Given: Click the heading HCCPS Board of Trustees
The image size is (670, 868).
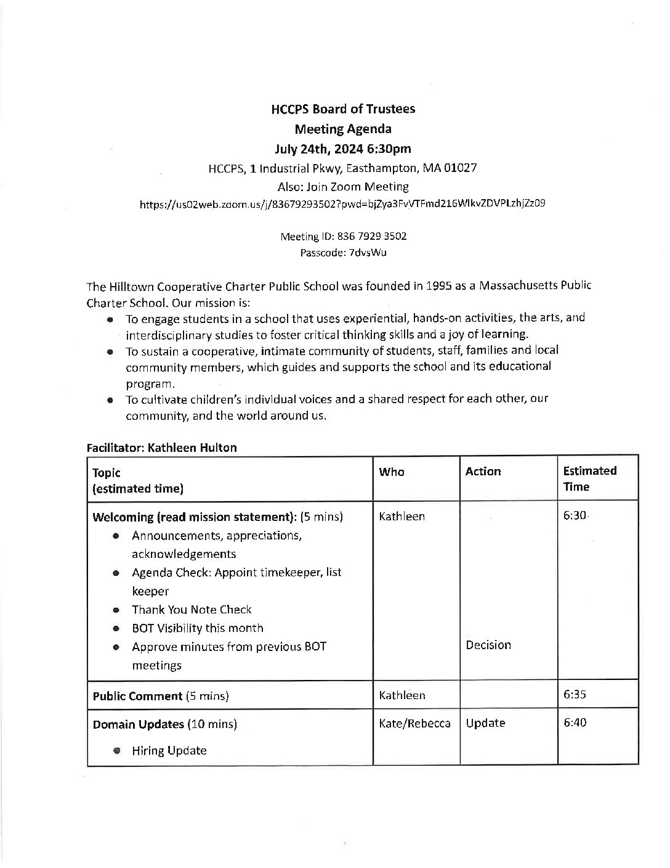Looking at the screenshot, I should pos(343,109).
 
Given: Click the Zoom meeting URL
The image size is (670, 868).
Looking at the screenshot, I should pos(342,203).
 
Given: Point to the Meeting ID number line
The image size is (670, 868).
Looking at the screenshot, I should pos(343,236).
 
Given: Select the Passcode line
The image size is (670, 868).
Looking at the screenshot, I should pos(343,252).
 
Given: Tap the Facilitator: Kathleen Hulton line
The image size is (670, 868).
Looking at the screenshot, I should pos(161,448).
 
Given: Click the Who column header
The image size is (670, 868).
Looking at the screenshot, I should pos(392,472).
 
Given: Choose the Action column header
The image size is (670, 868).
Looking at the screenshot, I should pos(483,472).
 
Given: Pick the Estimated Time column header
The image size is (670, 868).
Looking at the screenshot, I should pos(589,478).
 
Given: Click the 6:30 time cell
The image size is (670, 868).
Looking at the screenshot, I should pos(575,516).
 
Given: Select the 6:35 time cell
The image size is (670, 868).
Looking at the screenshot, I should pos(575,694).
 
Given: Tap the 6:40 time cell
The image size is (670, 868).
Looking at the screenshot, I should pos(575,722).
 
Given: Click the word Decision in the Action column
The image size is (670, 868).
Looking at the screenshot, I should pos(488,645).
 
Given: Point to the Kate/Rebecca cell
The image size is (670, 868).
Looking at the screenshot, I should pos(414,723).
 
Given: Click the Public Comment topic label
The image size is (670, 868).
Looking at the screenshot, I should pos(137,696).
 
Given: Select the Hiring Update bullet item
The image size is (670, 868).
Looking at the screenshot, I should pos(169,750).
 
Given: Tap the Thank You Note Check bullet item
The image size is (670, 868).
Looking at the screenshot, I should pos(192,610).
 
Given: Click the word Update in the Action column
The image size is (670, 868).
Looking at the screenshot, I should pos(485,723).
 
